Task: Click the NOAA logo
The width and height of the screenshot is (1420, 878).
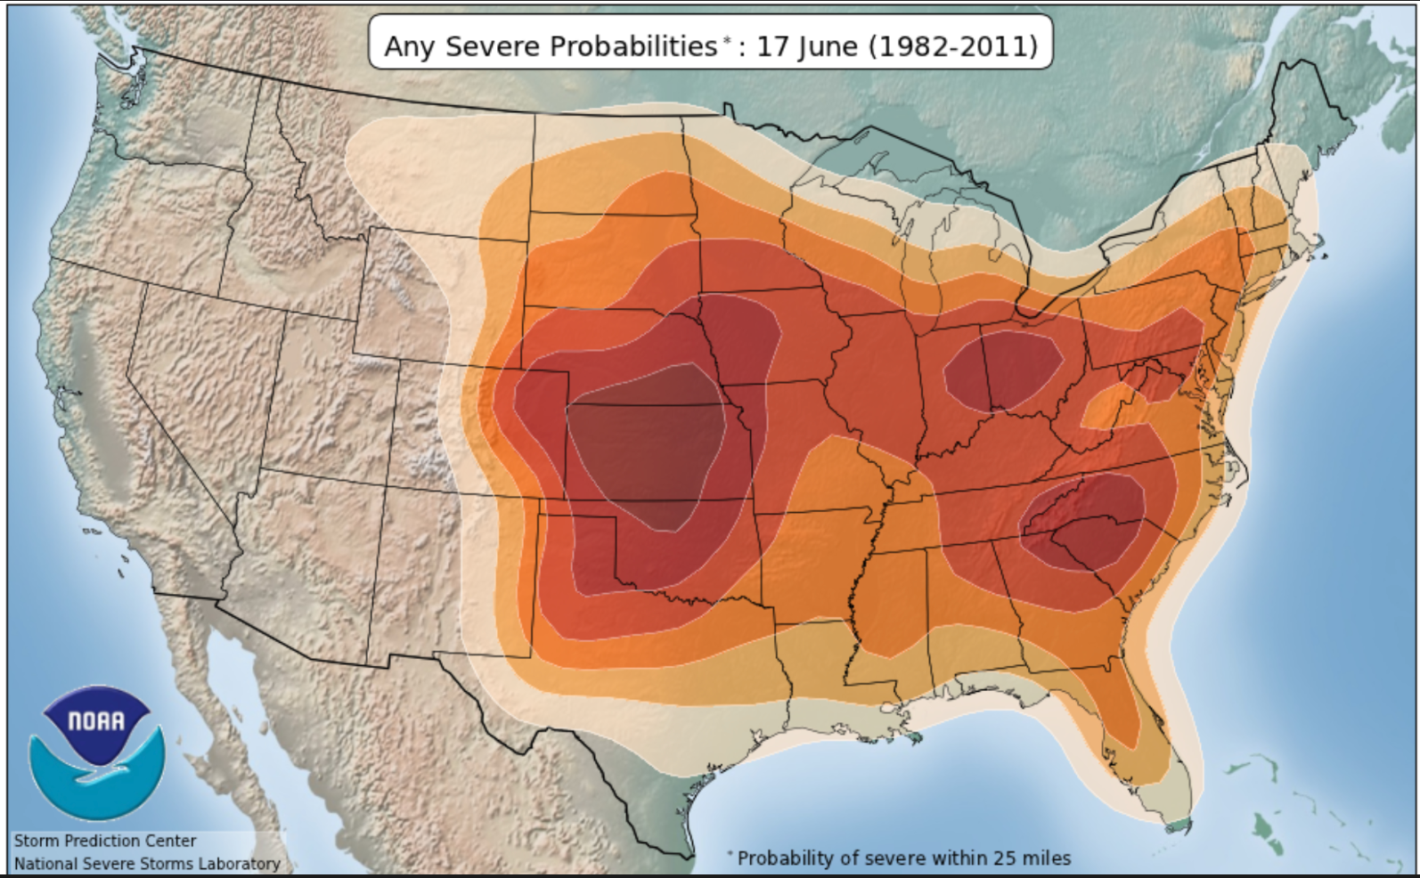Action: tap(96, 752)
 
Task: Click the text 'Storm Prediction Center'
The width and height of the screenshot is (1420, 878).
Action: tap(105, 841)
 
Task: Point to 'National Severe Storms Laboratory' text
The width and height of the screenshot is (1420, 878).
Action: tap(147, 863)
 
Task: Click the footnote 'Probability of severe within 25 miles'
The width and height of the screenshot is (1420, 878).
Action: tap(903, 858)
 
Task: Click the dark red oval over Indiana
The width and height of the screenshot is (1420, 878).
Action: tap(1004, 370)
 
